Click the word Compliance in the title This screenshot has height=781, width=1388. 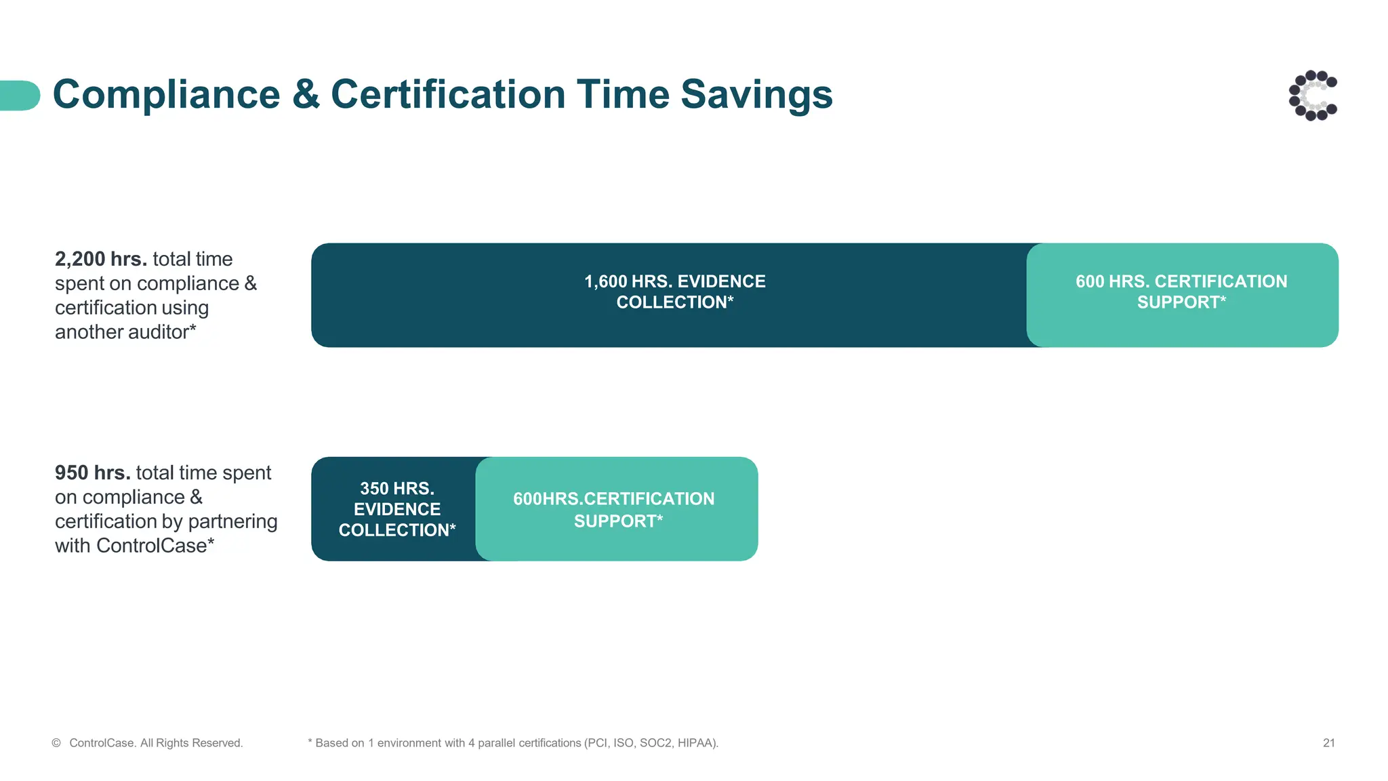coord(166,94)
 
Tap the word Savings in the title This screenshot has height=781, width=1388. coord(756,94)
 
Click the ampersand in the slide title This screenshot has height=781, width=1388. coord(306,94)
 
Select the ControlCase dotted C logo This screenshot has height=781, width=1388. coord(1313,96)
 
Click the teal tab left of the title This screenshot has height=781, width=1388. coord(19,95)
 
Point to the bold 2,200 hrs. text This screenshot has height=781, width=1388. coord(101,259)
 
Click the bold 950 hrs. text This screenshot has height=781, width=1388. coord(92,473)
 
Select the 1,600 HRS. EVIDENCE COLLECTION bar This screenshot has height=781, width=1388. coord(674,295)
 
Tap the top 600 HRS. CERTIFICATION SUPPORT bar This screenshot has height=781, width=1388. coord(1181,295)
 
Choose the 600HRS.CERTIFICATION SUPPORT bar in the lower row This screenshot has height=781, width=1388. coord(615,508)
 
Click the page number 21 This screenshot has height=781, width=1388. coord(1328,743)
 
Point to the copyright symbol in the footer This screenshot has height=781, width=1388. coord(56,743)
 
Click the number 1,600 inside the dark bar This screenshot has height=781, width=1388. coord(605,281)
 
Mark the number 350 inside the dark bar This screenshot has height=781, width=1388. coord(374,488)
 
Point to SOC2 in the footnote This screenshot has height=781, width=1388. coord(655,743)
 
